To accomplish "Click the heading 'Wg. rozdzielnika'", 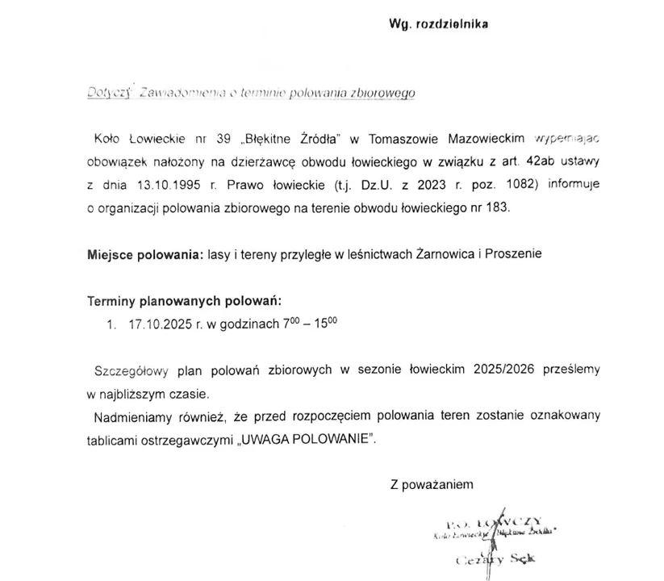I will coord(439,23).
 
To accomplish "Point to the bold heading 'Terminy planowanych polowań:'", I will coord(184,301).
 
